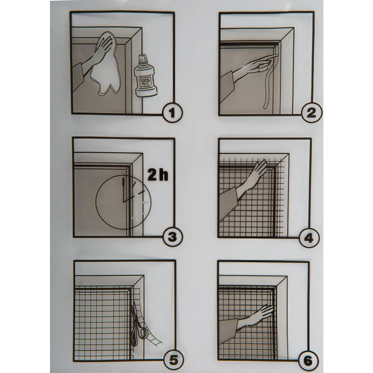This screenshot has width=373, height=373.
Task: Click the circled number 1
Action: [x=172, y=113]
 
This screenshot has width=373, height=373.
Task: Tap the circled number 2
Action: [x=311, y=113]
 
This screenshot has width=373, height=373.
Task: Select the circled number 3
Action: [x=172, y=237]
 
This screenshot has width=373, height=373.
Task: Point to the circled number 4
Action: [x=308, y=238]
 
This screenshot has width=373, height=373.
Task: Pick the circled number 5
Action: [x=174, y=361]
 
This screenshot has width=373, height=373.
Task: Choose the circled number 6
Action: [x=308, y=361]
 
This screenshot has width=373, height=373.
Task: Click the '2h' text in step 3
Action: [x=158, y=175]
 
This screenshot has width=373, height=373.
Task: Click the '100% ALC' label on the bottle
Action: [x=145, y=82]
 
